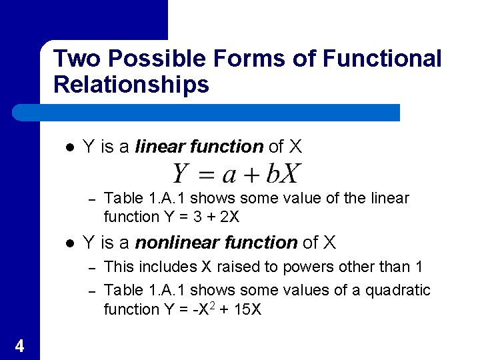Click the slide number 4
click(19, 345)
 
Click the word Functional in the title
click(381, 59)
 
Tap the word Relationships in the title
click(131, 85)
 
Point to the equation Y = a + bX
click(237, 173)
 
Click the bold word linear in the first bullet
click(160, 146)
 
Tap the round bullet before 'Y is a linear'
click(70, 147)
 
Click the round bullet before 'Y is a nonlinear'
click(70, 243)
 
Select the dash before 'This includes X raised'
click(94, 267)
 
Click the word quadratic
click(398, 290)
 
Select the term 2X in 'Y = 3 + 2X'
click(229, 217)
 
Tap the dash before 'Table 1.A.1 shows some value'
click(94, 199)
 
